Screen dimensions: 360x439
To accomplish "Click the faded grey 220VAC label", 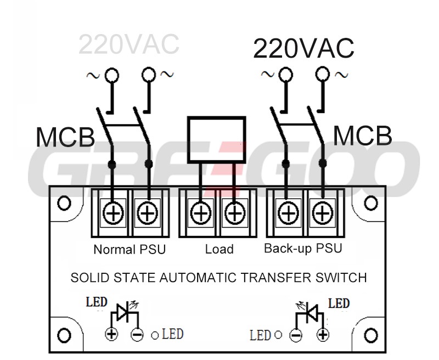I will point(128,45).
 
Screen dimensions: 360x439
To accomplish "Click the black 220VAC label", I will point(303,49).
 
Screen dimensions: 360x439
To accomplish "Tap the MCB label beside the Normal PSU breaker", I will point(65,138).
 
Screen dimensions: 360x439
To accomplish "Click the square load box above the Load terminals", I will point(216,139).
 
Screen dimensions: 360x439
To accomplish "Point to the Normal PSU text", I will point(130,249).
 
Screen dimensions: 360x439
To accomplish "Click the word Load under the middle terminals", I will point(219,249).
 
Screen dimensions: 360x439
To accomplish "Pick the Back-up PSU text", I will point(303,248).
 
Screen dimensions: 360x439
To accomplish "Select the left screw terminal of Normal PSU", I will point(114,213).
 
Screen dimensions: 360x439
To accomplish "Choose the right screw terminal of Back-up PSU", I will point(322,213).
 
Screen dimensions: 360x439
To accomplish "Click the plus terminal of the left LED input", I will point(112,334).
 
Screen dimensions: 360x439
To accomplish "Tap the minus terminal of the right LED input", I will point(296,334).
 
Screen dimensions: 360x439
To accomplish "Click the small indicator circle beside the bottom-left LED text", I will point(155,334).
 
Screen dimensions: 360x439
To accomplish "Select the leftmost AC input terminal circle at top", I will point(112,75).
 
